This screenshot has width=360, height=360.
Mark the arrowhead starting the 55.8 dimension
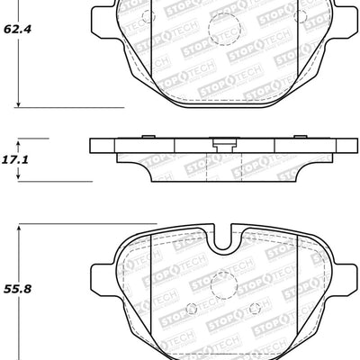[x=20, y=231]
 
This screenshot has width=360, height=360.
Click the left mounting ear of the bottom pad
[x=101, y=278]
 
